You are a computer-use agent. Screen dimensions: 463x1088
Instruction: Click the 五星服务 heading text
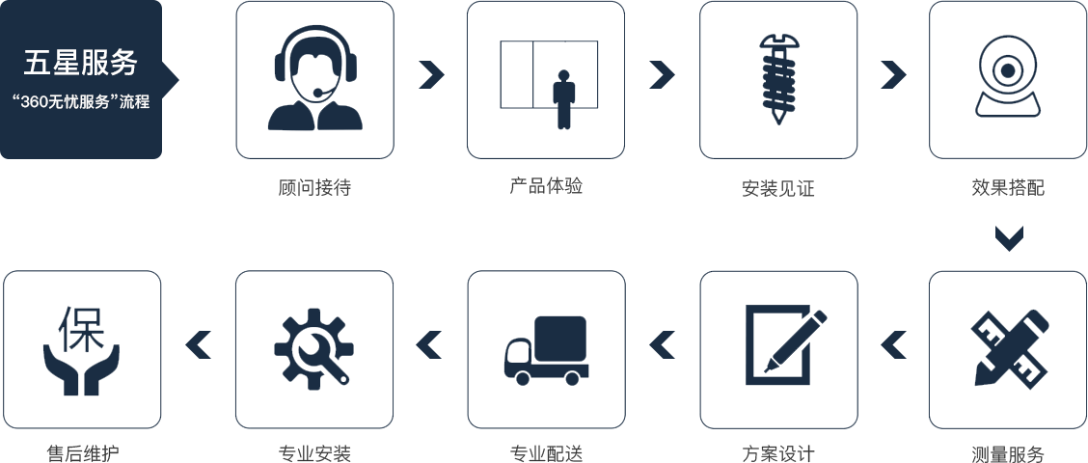[81, 64]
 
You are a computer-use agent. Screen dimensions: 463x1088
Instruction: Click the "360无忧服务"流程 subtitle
[81, 101]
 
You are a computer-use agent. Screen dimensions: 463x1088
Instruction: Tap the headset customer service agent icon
[314, 79]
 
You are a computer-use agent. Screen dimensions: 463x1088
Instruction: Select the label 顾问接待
[314, 188]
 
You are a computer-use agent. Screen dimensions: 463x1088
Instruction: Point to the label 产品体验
[546, 186]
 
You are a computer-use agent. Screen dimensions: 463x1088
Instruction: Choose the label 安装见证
[777, 189]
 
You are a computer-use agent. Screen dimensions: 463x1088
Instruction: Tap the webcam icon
[1008, 77]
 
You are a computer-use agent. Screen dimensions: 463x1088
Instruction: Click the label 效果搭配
[1008, 188]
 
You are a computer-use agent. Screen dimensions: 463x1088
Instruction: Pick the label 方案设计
[777, 453]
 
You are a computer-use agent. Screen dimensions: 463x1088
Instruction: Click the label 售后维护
[82, 453]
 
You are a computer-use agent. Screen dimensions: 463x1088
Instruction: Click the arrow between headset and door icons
[431, 75]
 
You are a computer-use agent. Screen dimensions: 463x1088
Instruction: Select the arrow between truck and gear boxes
[428, 343]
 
